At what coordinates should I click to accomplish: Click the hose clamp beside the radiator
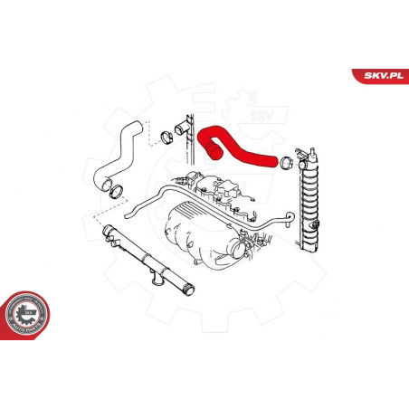pos(285,164)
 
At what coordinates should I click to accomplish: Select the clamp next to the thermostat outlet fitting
pos(166,139)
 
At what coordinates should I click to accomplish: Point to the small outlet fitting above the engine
pos(184,136)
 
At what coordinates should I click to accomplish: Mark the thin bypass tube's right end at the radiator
pos(289,217)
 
